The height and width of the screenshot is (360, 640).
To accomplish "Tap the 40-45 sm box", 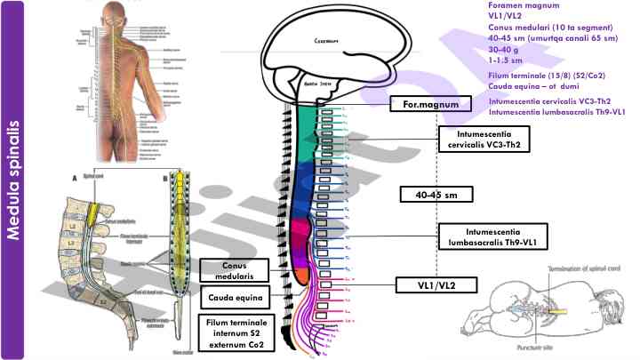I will pyautogui.click(x=435, y=194).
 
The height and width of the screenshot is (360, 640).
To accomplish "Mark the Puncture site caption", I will pyautogui.click(x=517, y=336).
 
